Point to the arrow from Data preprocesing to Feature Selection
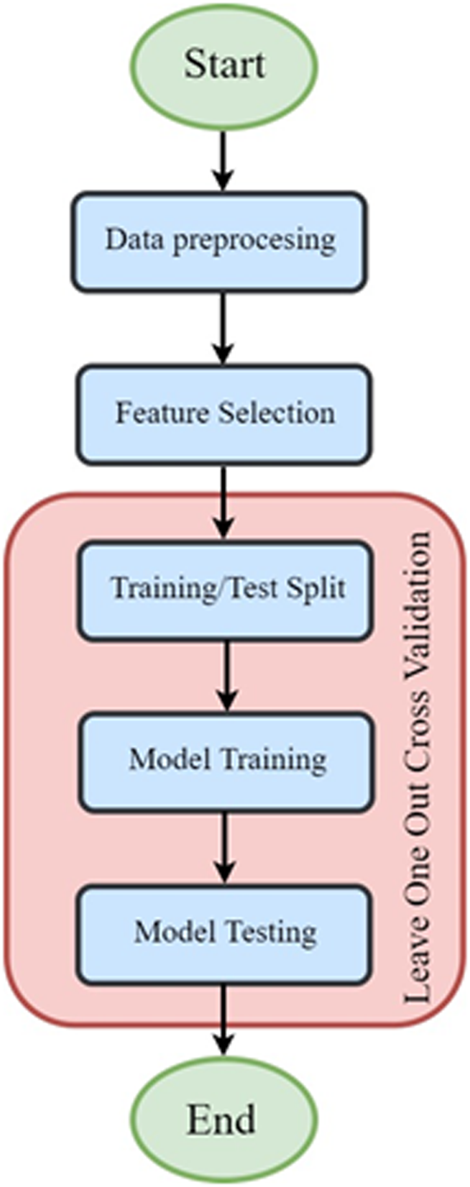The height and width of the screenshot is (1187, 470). (223, 329)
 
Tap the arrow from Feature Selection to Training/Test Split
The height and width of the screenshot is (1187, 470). (224, 503)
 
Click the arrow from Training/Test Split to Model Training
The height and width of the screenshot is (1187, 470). (227, 676)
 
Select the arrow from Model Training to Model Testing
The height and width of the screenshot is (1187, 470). (225, 848)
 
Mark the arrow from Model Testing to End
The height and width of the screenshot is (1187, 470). (224, 1021)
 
